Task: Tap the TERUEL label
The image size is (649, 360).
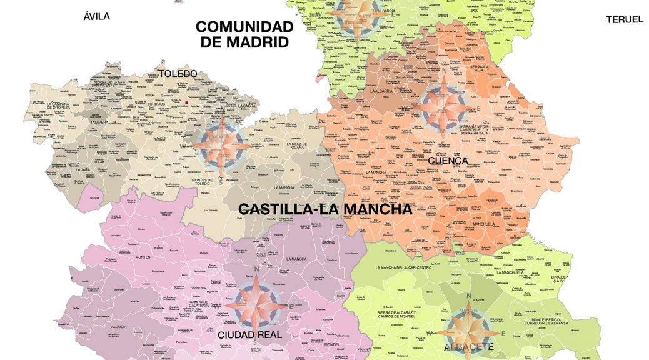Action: pos(625,19)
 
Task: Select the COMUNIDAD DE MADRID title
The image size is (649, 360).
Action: pos(244,34)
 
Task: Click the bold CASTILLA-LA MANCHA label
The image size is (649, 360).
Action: pos(317,209)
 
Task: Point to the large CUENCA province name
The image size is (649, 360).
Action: pos(448,161)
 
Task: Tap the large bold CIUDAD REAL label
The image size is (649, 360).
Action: pos(249,335)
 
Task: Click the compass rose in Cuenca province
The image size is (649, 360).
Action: pos(442,106)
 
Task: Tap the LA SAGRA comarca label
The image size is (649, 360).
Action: pos(248,106)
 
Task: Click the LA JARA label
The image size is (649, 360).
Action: pos(83,169)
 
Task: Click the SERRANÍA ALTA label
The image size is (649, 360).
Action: pos(480,68)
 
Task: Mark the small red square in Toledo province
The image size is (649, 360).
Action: pos(187,102)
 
